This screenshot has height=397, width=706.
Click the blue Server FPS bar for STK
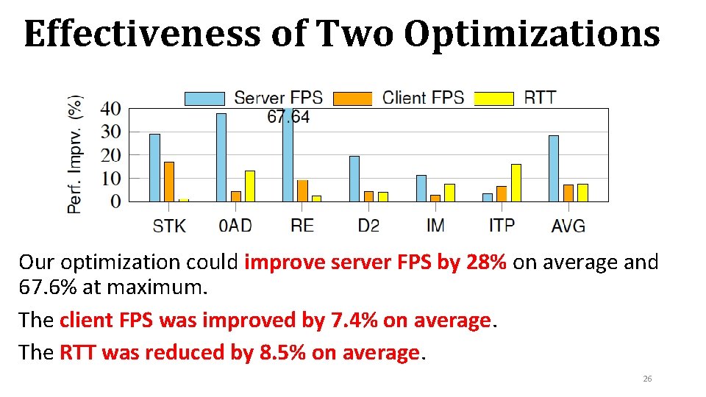(154, 168)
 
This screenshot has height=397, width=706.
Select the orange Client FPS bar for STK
(169, 182)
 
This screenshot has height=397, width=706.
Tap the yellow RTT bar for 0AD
(250, 186)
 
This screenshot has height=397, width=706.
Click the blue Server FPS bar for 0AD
(221, 157)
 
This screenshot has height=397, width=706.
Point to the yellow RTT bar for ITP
(516, 182)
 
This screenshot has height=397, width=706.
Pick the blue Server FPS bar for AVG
(554, 168)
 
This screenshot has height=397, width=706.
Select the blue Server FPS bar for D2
(354, 179)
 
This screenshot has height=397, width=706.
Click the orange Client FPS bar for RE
(302, 190)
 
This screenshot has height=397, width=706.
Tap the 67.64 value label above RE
(288, 117)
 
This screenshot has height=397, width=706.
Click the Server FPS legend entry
(254, 97)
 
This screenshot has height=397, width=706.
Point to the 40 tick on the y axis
(110, 109)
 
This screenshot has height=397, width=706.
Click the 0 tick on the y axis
(115, 201)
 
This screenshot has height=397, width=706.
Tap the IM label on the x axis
(435, 225)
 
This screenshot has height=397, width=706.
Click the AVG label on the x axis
(568, 225)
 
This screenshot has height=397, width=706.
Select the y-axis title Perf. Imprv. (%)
(75, 154)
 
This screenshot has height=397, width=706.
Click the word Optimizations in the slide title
(532, 33)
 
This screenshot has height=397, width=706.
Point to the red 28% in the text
(486, 262)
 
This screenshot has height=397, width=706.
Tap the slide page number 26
(647, 379)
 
